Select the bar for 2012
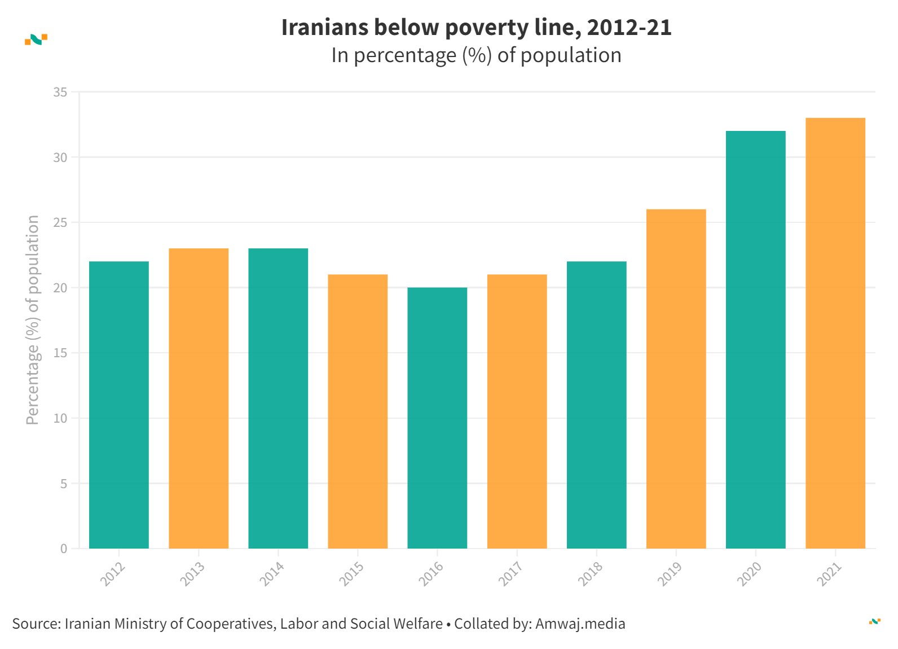(x=119, y=405)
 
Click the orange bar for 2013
(x=199, y=398)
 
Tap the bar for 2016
(x=437, y=418)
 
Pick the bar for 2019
(x=676, y=379)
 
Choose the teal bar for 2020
(x=755, y=339)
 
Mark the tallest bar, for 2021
(x=835, y=333)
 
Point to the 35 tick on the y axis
(x=60, y=92)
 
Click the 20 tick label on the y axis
(x=60, y=288)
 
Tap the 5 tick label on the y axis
(x=63, y=484)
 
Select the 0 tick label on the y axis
(x=64, y=549)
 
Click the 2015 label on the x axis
(x=351, y=573)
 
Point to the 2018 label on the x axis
(x=591, y=573)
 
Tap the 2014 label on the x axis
(x=272, y=573)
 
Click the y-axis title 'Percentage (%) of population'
(x=33, y=319)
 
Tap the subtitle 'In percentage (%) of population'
(x=476, y=55)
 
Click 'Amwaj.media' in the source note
(x=580, y=624)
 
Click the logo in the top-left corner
(x=36, y=40)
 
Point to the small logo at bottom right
(x=874, y=621)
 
